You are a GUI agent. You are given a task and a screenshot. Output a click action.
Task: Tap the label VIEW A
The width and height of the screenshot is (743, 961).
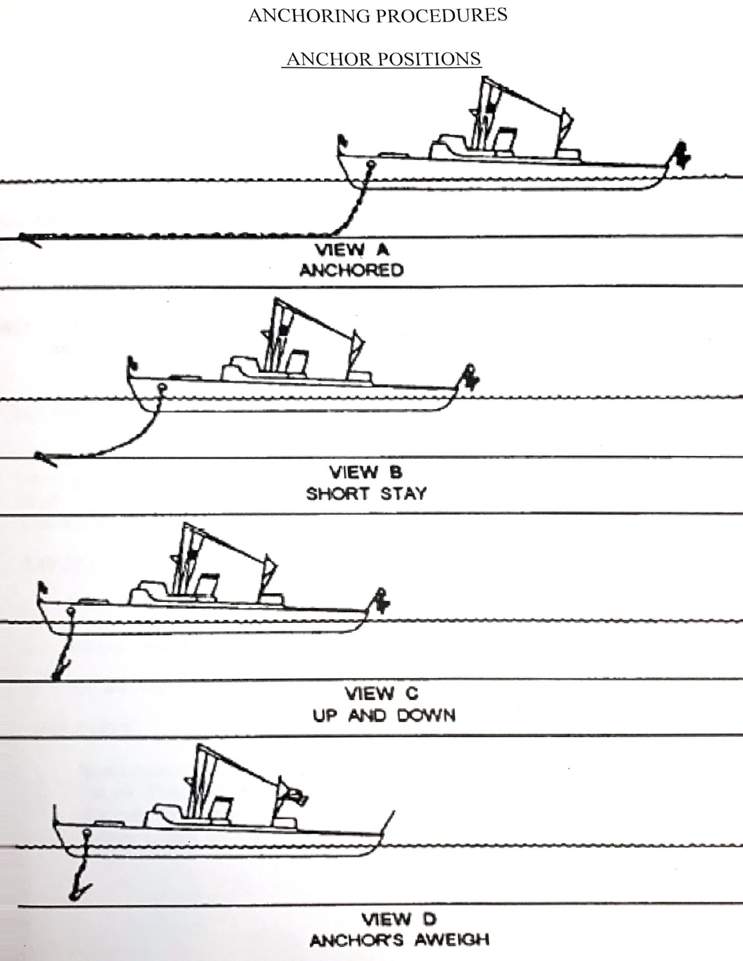pos(353,250)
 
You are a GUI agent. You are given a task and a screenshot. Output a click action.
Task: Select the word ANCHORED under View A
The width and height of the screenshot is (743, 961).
pos(351,271)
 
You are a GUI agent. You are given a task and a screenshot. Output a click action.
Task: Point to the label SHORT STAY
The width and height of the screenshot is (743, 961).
pos(366,493)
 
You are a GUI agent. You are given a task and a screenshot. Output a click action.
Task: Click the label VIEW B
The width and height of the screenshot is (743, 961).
pos(365,473)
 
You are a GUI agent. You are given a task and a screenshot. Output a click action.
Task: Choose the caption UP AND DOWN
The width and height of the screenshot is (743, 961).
pos(384,715)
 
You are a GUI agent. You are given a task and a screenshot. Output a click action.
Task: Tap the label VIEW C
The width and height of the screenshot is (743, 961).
pos(382,694)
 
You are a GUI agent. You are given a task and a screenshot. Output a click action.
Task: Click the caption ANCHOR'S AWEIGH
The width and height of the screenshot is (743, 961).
pos(399,940)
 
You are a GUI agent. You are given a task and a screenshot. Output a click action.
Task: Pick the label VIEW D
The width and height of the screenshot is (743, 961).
pos(399,919)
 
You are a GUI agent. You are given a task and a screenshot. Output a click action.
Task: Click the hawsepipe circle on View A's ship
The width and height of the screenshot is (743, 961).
pos(372,165)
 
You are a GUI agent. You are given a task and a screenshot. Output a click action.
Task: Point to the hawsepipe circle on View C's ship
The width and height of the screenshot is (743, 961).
pos(70,611)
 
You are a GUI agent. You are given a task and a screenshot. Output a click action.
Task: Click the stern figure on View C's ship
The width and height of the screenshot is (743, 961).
pos(382,599)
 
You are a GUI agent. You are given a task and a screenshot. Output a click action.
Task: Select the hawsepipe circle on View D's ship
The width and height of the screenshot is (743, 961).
pos(86,833)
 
